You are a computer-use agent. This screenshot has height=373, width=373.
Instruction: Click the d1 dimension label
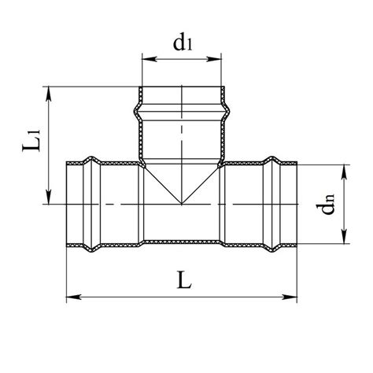[183, 42]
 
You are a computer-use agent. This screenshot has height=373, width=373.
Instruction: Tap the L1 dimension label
[31, 140]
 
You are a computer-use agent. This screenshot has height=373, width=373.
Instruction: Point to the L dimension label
[185, 280]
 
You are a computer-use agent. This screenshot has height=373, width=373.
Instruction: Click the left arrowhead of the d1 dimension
[149, 59]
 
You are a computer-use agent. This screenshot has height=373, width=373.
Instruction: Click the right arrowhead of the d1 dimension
[215, 59]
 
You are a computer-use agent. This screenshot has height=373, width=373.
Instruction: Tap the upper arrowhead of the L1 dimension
[49, 94]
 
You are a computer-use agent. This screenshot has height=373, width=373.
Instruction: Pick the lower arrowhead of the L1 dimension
[49, 198]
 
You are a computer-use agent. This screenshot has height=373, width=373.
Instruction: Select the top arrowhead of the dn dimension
[344, 172]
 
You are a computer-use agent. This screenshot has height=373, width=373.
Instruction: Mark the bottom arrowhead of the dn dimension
[344, 237]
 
